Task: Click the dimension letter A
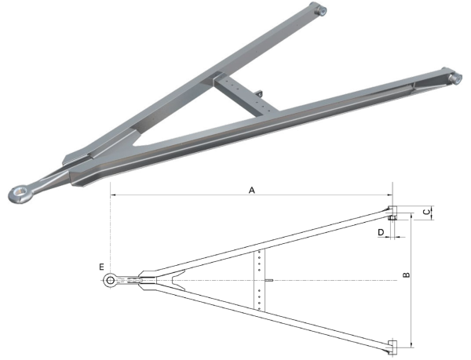click(x=252, y=190)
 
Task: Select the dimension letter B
click(x=406, y=275)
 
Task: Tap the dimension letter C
click(x=426, y=212)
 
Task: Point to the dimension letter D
click(x=381, y=232)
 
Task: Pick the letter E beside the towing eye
click(x=101, y=267)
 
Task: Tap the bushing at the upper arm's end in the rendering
click(x=320, y=10)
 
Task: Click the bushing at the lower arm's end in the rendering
click(x=455, y=78)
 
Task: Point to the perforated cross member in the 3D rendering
click(x=246, y=96)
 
